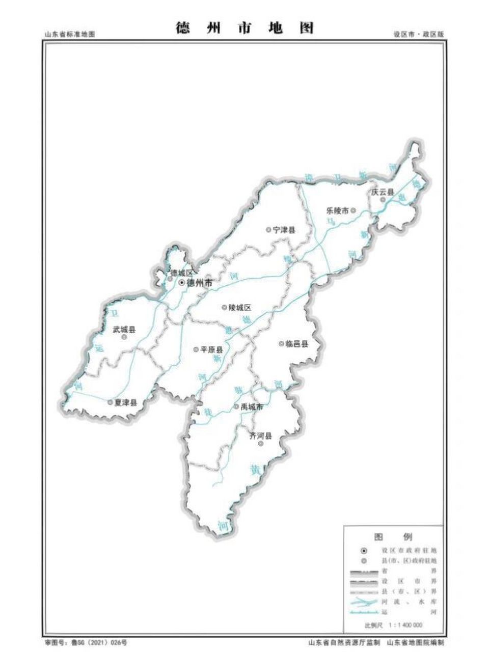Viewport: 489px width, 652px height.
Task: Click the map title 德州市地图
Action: click(244, 28)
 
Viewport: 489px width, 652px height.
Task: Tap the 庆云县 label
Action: click(383, 193)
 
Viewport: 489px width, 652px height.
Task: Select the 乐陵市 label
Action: click(338, 210)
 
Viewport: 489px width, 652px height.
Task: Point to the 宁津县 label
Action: click(284, 230)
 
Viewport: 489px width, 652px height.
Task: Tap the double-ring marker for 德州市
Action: click(181, 282)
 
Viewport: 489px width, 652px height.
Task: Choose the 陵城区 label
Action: click(240, 308)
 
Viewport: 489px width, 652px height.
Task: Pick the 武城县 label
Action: click(124, 330)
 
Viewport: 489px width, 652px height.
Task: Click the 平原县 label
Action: click(211, 350)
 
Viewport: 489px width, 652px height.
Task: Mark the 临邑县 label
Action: click(297, 344)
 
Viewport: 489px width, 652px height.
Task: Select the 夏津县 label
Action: click(126, 402)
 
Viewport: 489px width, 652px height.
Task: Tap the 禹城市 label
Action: click(252, 407)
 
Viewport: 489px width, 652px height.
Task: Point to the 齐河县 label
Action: click(260, 436)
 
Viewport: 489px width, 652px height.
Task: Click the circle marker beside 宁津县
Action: click(268, 230)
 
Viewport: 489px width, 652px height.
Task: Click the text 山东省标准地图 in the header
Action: click(69, 35)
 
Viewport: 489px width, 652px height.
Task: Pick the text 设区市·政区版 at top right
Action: click(419, 35)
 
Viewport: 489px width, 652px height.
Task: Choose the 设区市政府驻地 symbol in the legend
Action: click(364, 551)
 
